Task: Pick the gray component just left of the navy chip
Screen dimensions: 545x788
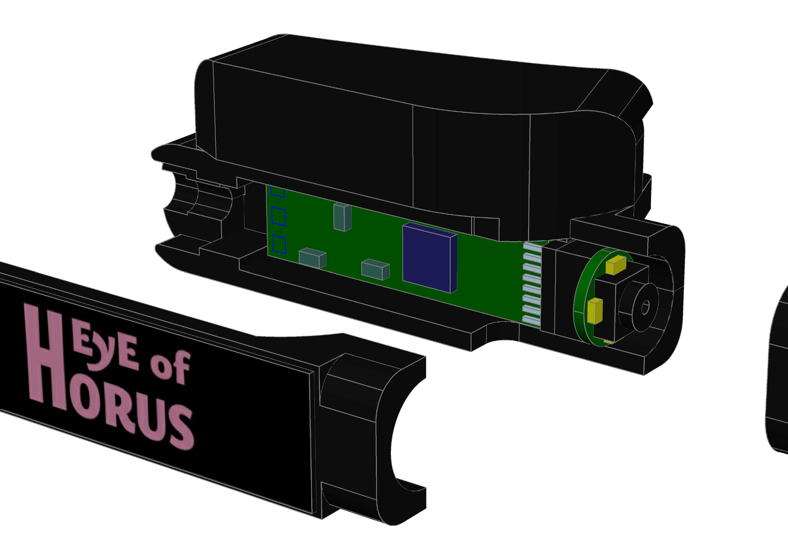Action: [375, 269]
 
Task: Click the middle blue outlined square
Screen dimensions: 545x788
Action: [278, 216]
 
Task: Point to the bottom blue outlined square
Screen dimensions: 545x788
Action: [279, 245]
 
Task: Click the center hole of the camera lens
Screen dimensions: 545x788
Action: [645, 308]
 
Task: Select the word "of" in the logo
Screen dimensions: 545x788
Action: [170, 367]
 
